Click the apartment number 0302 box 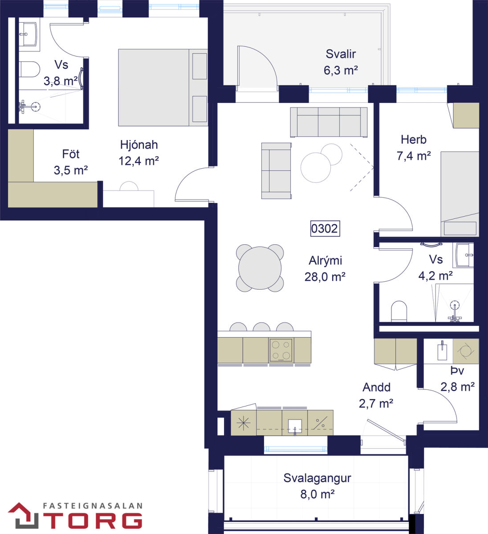coord(325,228)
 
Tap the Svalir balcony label coord(341,54)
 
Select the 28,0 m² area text coord(325,277)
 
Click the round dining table coord(260,268)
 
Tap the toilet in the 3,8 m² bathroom coord(29,69)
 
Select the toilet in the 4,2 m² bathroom coord(399,311)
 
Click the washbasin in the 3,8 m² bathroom coord(28,34)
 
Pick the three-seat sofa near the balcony coord(329,122)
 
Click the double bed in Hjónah coord(163,87)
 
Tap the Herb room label coord(413,139)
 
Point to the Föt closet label coord(71,154)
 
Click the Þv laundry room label coord(457,371)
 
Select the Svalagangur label coord(317,478)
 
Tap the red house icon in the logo coord(24,515)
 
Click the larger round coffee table coord(316,167)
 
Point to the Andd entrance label coord(376,387)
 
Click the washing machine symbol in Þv coord(466,352)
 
